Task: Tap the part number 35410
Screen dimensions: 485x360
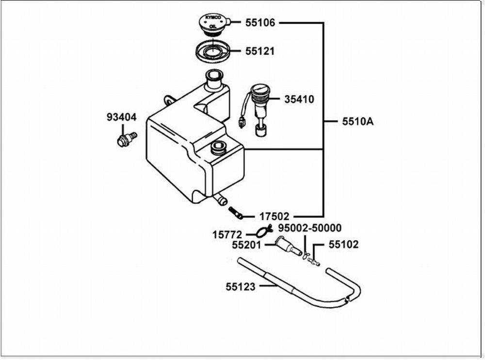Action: pyautogui.click(x=299, y=100)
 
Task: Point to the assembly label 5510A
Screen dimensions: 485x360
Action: pyautogui.click(x=357, y=122)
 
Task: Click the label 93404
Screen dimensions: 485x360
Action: pyautogui.click(x=122, y=117)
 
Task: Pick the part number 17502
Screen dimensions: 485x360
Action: pyautogui.click(x=274, y=216)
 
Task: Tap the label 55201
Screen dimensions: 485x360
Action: pyautogui.click(x=246, y=246)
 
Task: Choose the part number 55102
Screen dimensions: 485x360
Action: pyautogui.click(x=343, y=245)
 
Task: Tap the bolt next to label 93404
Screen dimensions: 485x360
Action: pyautogui.click(x=126, y=139)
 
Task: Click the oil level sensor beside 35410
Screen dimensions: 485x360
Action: pyautogui.click(x=258, y=107)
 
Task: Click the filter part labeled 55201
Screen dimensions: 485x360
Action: pyautogui.click(x=287, y=246)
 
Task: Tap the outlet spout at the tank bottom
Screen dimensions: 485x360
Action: pyautogui.click(x=221, y=199)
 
